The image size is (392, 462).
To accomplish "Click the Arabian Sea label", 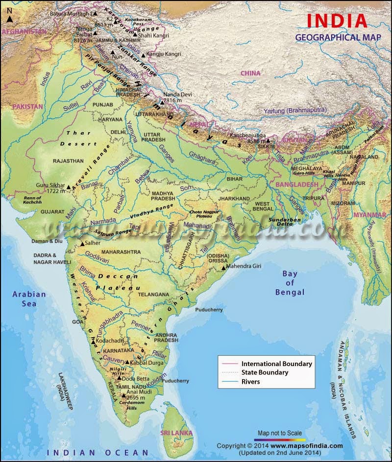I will (29, 299).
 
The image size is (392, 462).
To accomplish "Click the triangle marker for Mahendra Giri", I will (223, 268).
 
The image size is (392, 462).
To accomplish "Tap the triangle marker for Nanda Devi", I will (161, 103).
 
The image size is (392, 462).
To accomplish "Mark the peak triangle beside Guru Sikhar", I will (69, 186).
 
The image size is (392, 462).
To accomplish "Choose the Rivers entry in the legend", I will (250, 381).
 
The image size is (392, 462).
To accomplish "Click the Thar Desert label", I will (78, 138).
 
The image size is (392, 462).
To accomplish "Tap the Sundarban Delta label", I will (284, 223).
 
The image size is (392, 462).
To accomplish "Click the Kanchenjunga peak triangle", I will (268, 140).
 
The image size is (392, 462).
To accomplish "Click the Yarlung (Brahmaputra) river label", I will (291, 111).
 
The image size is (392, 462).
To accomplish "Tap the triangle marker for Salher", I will (82, 244).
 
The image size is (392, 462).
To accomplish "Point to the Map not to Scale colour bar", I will (282, 439).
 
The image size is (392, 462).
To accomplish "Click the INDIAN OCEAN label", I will (98, 452).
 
